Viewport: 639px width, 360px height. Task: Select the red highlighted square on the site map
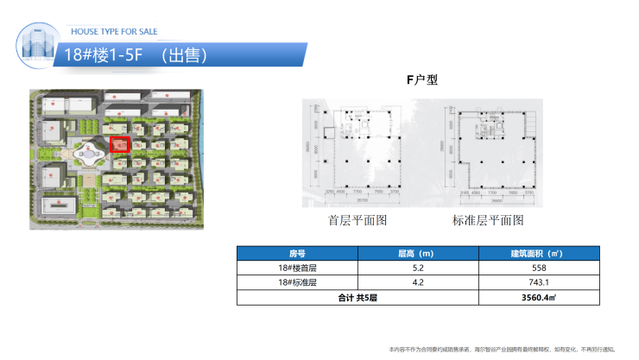point(121,144)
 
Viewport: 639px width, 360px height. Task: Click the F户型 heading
point(422,81)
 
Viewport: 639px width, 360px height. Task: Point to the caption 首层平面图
point(357,220)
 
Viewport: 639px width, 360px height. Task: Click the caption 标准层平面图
point(488,220)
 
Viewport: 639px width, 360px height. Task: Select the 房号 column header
point(298,254)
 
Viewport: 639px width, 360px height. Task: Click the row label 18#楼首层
point(298,268)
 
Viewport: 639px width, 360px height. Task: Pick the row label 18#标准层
point(298,282)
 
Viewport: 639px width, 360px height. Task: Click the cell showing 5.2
point(418,268)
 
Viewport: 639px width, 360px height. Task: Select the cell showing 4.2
point(418,282)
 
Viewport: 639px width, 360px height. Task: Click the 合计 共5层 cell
point(357,297)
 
